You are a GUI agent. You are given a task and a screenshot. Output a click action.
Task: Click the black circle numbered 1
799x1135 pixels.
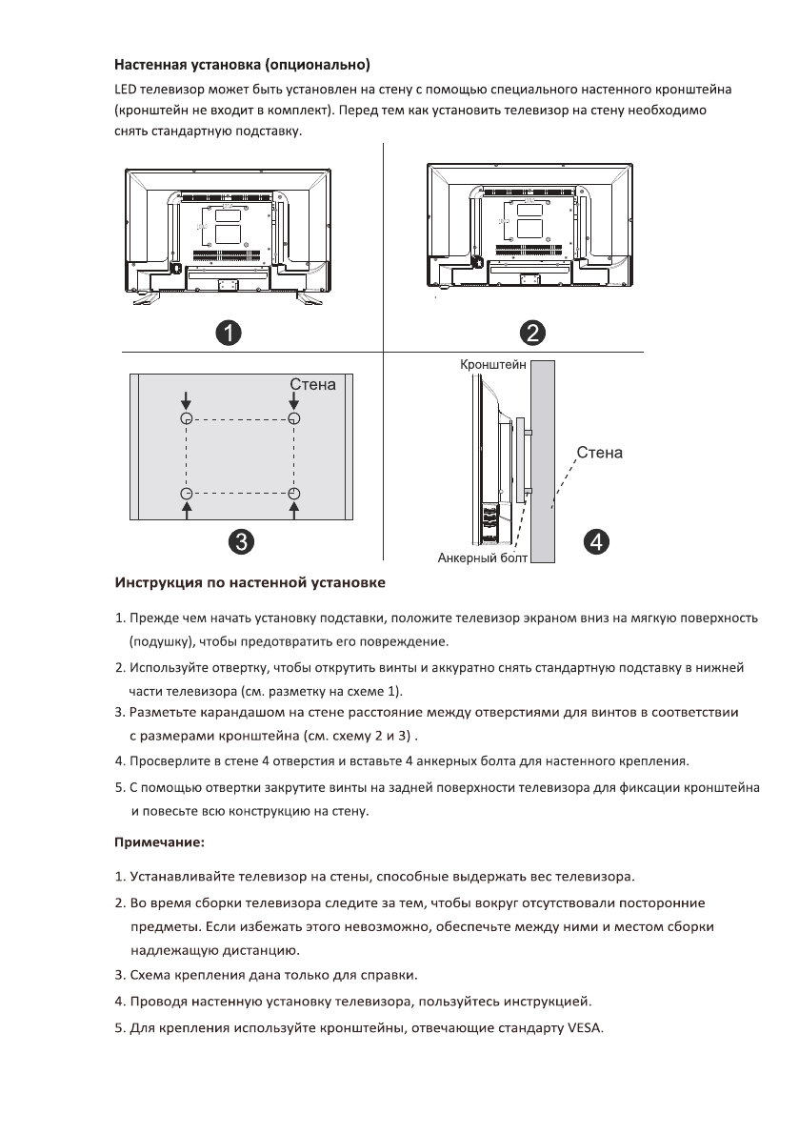(227, 333)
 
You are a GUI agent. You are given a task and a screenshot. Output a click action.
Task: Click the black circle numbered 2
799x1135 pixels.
(531, 333)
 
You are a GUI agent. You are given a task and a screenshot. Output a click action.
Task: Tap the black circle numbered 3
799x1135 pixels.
(243, 542)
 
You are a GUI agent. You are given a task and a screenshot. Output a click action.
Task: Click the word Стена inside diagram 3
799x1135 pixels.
(312, 385)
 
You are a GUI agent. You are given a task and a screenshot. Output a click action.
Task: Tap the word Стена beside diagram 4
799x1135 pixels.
(599, 452)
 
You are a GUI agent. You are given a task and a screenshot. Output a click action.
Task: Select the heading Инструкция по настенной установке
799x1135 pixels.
(250, 580)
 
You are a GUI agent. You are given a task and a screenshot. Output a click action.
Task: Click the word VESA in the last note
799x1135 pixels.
(585, 1029)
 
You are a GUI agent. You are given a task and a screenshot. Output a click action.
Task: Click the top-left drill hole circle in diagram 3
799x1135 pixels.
(187, 419)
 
